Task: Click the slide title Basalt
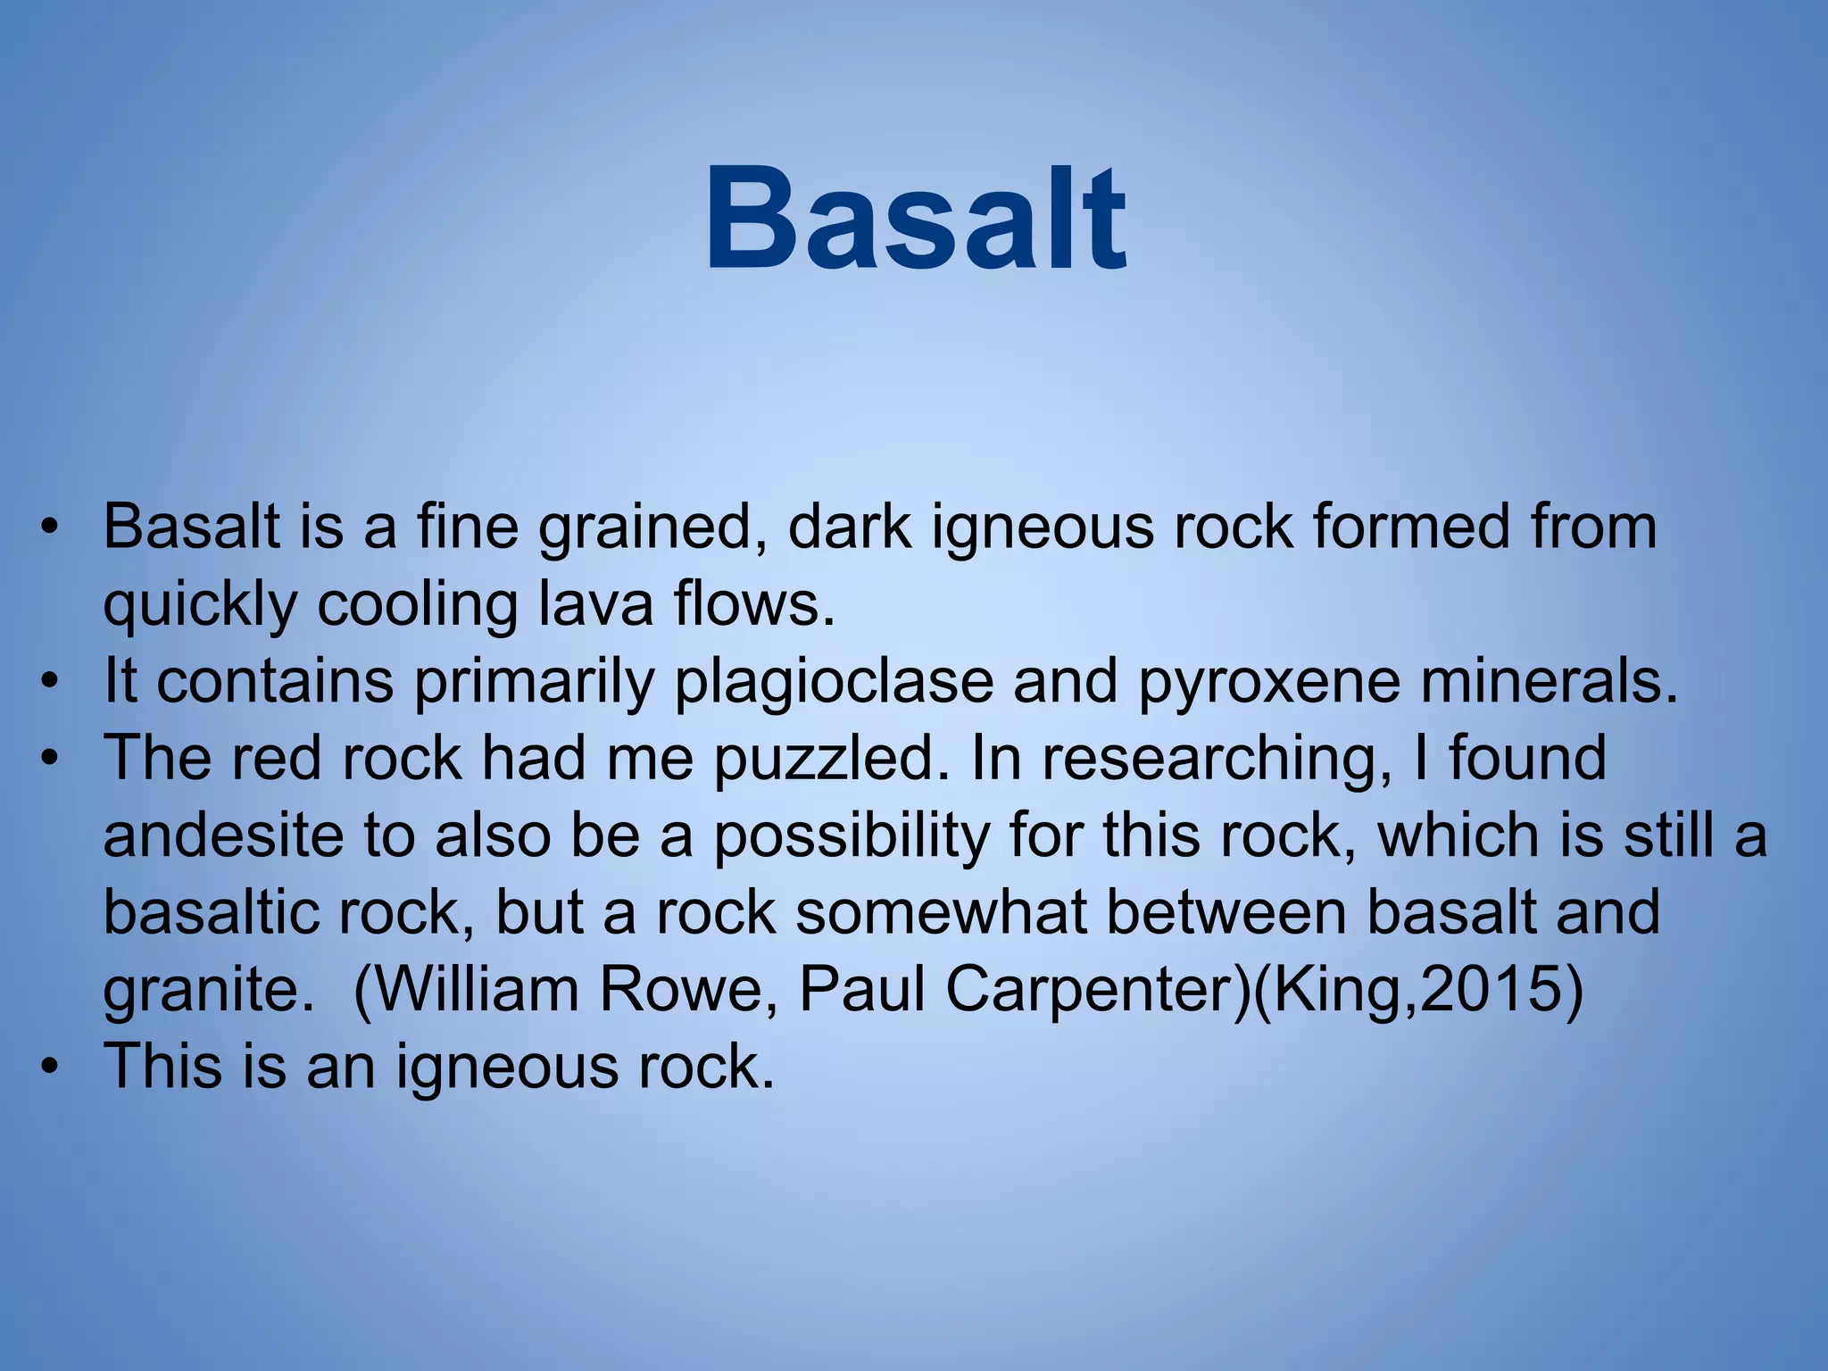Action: (916, 220)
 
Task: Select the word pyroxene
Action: (1268, 681)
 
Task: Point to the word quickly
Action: (200, 606)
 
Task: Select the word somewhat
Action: (941, 913)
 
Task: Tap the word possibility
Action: (852, 836)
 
